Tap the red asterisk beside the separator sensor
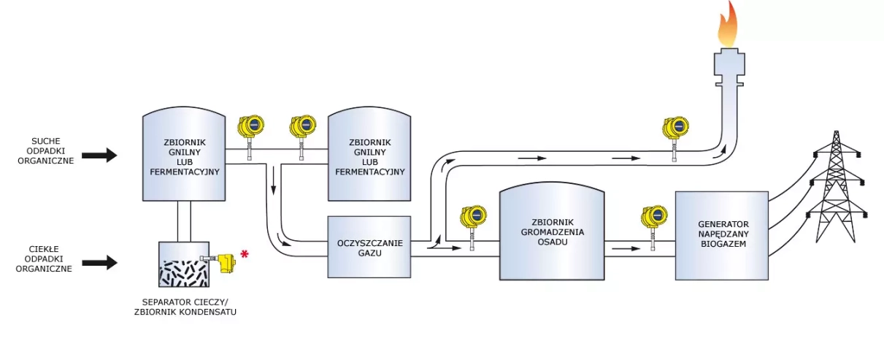click(x=245, y=254)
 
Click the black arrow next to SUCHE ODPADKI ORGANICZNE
click(x=99, y=155)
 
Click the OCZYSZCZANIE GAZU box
click(x=369, y=247)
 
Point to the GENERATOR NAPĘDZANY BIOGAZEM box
click(x=721, y=235)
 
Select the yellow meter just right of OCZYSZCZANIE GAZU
click(x=473, y=217)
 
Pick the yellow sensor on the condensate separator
click(x=226, y=261)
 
